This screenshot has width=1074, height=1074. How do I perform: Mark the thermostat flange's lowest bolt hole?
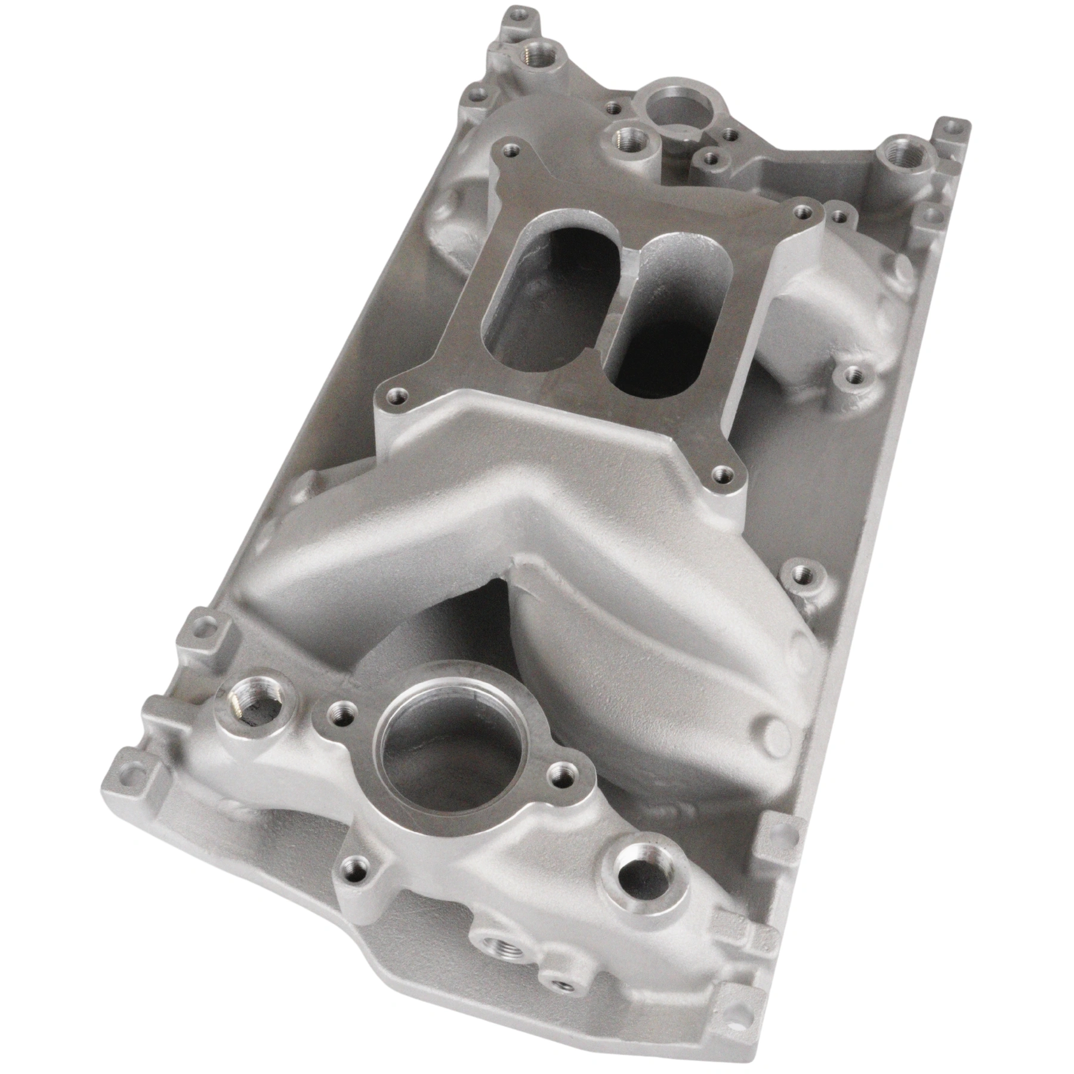[356, 879]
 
